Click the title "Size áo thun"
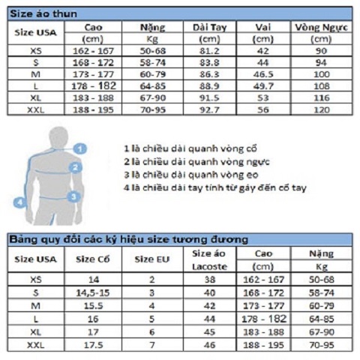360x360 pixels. click(x=42, y=13)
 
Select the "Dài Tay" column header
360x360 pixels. click(x=209, y=28)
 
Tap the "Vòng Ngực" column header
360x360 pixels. click(x=322, y=28)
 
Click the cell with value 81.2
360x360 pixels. click(x=209, y=51)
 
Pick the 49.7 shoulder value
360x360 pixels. click(x=263, y=87)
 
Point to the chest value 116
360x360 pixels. click(x=322, y=98)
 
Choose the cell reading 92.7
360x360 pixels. click(x=209, y=110)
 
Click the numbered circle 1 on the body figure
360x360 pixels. click(x=80, y=148)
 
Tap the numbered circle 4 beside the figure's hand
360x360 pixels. click(x=19, y=201)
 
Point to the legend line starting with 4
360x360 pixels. click(x=214, y=188)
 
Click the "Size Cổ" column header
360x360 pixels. click(x=92, y=259)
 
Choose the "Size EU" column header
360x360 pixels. click(x=150, y=259)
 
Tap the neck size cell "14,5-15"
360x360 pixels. click(x=92, y=292)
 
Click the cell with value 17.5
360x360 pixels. click(x=92, y=345)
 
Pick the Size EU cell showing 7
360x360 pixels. click(x=150, y=345)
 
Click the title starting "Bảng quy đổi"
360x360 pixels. click(x=127, y=238)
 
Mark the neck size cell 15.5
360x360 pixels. click(x=92, y=305)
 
